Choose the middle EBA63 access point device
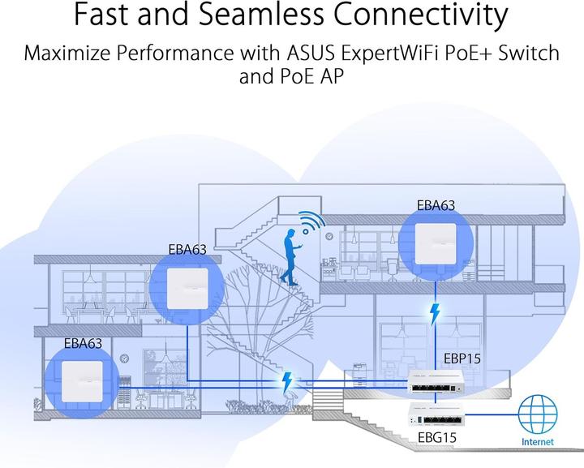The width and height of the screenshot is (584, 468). [187, 286]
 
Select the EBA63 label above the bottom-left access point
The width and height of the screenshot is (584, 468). [84, 344]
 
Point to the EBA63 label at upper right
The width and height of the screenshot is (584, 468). [436, 206]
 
